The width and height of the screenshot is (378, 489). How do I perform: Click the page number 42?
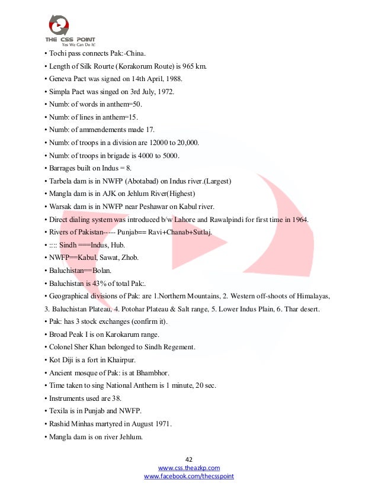tap(189, 459)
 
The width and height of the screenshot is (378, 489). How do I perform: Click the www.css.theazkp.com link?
tap(189, 468)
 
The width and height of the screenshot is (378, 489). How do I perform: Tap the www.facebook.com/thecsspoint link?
tap(189, 476)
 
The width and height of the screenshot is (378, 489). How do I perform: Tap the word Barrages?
tap(63, 168)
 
